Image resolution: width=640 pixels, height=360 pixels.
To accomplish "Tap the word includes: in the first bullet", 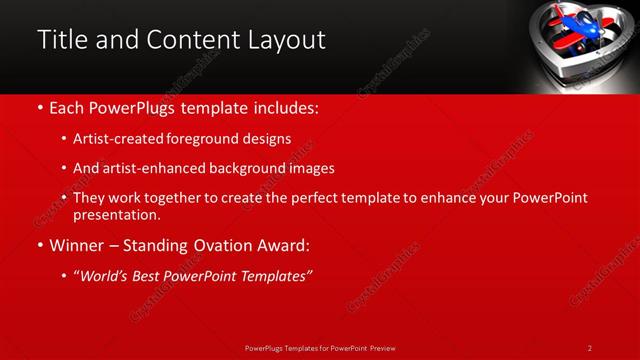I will pyautogui.click(x=284, y=107).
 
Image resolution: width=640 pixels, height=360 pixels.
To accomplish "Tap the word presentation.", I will pyautogui.click(x=116, y=215).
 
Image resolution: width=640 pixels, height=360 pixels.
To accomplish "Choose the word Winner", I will pyautogui.click(x=81, y=245).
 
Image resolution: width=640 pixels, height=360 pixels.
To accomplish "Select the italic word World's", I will pyautogui.click(x=106, y=275).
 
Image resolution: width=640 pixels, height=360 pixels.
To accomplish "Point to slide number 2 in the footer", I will pyautogui.click(x=590, y=348).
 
